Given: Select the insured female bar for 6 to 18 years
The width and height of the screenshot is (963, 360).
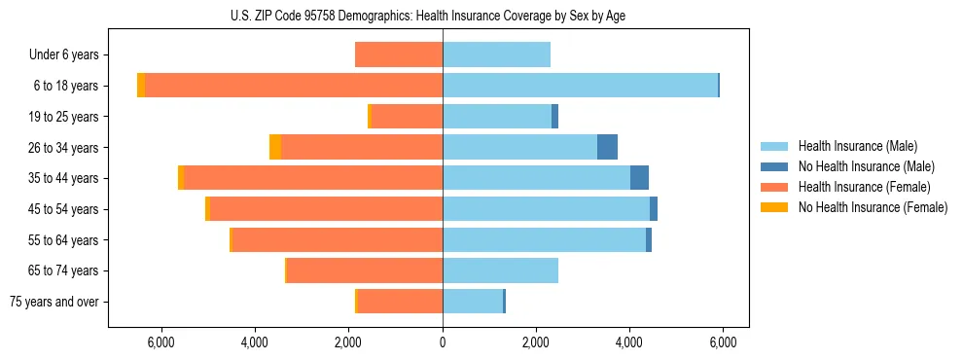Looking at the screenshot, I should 292,86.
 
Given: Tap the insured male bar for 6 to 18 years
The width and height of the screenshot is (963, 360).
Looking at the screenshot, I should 580,86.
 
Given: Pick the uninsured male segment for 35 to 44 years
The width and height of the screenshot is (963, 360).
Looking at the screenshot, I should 639,178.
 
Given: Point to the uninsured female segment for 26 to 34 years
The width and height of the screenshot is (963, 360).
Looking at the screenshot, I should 275,147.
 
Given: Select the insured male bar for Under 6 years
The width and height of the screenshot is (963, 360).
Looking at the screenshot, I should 496,54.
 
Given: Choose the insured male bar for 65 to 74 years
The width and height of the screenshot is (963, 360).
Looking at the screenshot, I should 500,270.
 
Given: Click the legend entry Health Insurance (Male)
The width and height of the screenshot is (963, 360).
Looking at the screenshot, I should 857,146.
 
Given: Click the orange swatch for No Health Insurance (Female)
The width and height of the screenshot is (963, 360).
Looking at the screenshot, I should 774,207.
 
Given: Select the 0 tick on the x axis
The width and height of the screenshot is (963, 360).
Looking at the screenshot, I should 443,342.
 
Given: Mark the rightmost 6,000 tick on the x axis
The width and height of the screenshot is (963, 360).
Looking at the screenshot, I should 723,342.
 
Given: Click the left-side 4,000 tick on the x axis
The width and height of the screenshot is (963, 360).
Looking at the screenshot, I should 255,342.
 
